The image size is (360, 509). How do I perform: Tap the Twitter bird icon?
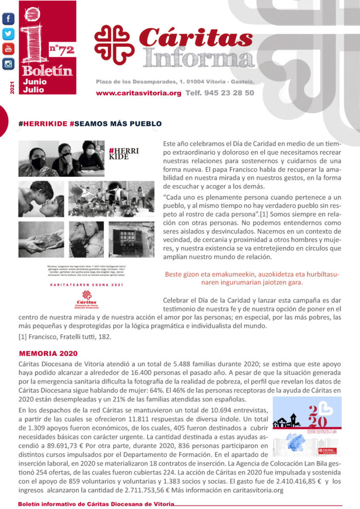[8, 34]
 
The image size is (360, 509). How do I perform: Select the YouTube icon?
[8, 49]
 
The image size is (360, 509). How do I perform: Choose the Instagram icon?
[8, 64]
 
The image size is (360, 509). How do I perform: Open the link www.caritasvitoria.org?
[138, 93]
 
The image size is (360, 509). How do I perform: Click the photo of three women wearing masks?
[61, 159]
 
